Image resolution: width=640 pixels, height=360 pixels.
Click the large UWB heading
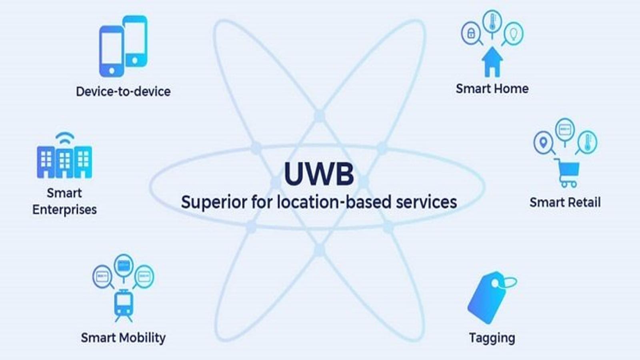pyautogui.click(x=319, y=174)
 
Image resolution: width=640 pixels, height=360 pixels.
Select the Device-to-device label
pyautogui.click(x=123, y=92)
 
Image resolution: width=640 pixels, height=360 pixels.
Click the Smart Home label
pyautogui.click(x=492, y=88)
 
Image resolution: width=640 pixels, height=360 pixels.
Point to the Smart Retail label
pyautogui.click(x=565, y=202)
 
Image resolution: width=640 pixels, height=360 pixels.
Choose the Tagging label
pyautogui.click(x=492, y=338)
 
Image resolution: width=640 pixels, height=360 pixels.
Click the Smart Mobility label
pyautogui.click(x=123, y=338)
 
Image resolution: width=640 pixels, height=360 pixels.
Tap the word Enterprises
pyautogui.click(x=64, y=210)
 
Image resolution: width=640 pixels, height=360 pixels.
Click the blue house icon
pyautogui.click(x=492, y=62)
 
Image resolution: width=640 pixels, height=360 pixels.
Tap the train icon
pyautogui.click(x=124, y=305)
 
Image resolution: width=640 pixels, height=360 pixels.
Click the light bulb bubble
pyautogui.click(x=514, y=34)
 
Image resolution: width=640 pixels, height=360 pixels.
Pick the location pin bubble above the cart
pyautogui.click(x=544, y=142)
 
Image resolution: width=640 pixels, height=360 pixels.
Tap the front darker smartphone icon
pyautogui.click(x=112, y=52)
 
